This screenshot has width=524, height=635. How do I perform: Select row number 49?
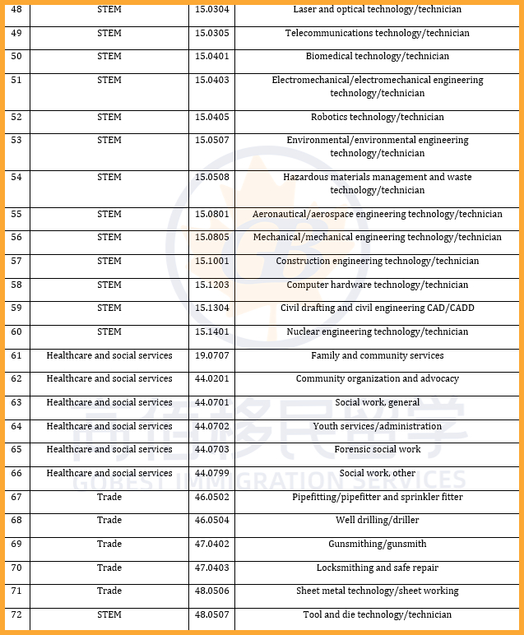coord(16,34)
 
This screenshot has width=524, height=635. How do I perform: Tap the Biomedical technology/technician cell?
coord(377,57)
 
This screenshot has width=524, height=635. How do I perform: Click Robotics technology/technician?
coord(377,118)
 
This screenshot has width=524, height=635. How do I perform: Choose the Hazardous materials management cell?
coord(377,183)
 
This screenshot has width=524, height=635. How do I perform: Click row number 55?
coord(16,215)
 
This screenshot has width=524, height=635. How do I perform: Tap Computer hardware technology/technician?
coord(377,285)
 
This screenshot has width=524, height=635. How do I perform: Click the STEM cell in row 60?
coord(109,332)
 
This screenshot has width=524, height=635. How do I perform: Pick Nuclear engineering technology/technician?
coord(377,332)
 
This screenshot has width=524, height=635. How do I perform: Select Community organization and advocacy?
coord(377,379)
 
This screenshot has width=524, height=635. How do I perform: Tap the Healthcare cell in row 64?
coord(109,427)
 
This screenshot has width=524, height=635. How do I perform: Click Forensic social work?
coord(377,450)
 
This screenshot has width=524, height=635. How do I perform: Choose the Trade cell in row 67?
coord(109,498)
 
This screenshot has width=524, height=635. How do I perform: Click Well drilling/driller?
coord(377,521)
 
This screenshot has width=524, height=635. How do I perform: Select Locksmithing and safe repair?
coord(377,568)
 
